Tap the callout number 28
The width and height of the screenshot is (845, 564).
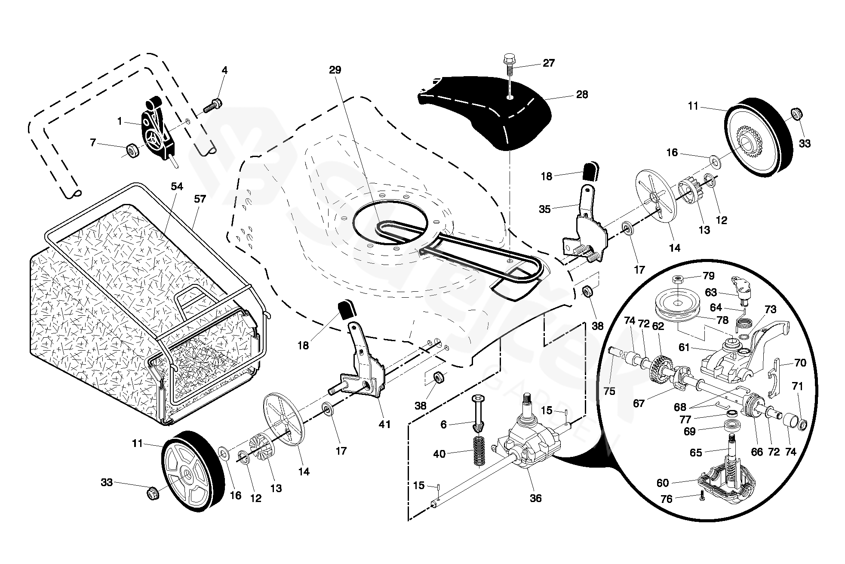tap(582, 94)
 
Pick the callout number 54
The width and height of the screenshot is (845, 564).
tap(177, 186)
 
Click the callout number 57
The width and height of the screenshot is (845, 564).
tap(200, 199)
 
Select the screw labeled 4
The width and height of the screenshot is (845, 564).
tap(214, 104)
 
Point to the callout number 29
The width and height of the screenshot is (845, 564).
tap(335, 70)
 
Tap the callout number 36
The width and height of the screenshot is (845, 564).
tap(535, 498)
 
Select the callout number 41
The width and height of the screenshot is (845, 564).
tap(384, 424)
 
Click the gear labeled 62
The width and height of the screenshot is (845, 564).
tap(660, 367)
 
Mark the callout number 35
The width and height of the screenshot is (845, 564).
tap(544, 210)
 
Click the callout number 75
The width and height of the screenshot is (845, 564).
tap(609, 391)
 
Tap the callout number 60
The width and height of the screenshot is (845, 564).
tap(663, 483)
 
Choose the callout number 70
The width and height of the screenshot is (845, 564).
tap(800, 363)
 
